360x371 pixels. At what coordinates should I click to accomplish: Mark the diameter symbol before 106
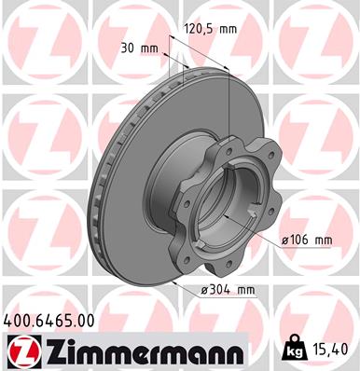pos(284,240)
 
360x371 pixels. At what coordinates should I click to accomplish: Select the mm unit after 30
pos(146,48)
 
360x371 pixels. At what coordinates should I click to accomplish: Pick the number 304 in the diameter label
pos(218,290)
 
